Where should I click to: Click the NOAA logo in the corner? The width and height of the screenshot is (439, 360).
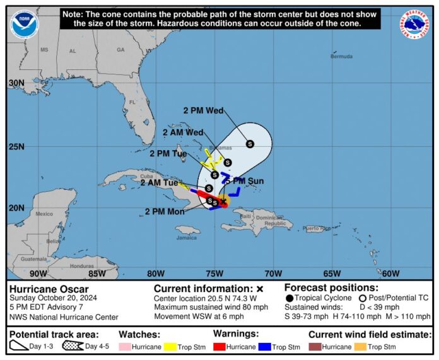tap(24, 25)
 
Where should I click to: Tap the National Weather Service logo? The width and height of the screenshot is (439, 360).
tap(414, 24)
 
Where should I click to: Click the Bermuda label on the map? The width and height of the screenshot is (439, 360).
tap(341, 57)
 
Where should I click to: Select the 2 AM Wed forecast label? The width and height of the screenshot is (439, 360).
tap(183, 132)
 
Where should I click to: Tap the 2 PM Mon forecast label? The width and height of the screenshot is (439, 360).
tap(165, 211)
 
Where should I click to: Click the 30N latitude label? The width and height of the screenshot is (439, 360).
tap(16, 83)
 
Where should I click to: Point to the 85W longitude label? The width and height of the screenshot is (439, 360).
tap(97, 273)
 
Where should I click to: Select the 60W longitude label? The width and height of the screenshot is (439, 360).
tap(390, 273)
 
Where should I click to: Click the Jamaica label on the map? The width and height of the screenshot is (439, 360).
tap(186, 238)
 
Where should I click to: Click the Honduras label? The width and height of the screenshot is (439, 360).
tap(82, 266)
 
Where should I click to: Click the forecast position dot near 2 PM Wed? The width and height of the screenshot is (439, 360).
tap(250, 144)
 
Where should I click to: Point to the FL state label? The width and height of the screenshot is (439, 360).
tap(132, 102)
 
